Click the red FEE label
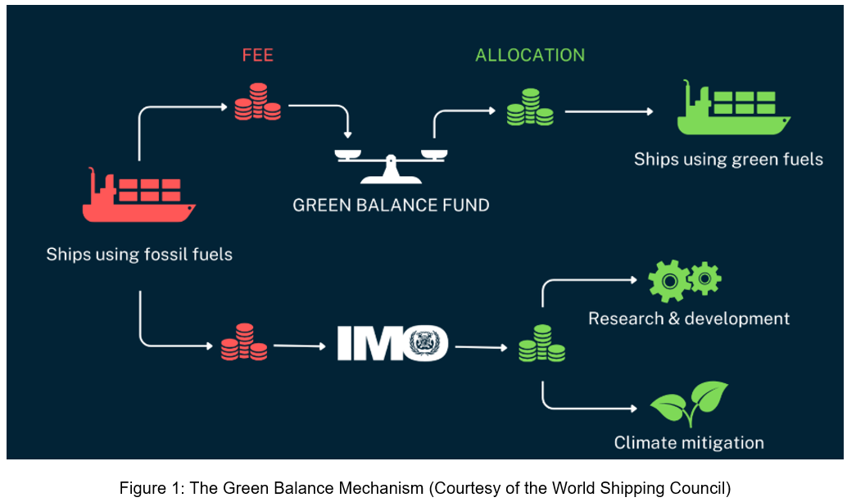[x=257, y=56]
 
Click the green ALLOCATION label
[x=530, y=56]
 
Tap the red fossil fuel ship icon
[x=138, y=195]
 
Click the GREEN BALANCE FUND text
[x=391, y=205]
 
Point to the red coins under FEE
[x=257, y=102]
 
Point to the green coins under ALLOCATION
[x=529, y=107]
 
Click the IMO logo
[x=392, y=344]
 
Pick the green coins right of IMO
[x=541, y=344]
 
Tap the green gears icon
[x=684, y=280]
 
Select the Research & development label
[x=688, y=319]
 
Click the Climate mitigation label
[x=688, y=443]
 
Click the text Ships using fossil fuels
[x=139, y=254]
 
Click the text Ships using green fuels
[x=727, y=159]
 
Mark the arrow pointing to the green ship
[x=609, y=111]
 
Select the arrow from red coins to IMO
[x=299, y=346]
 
